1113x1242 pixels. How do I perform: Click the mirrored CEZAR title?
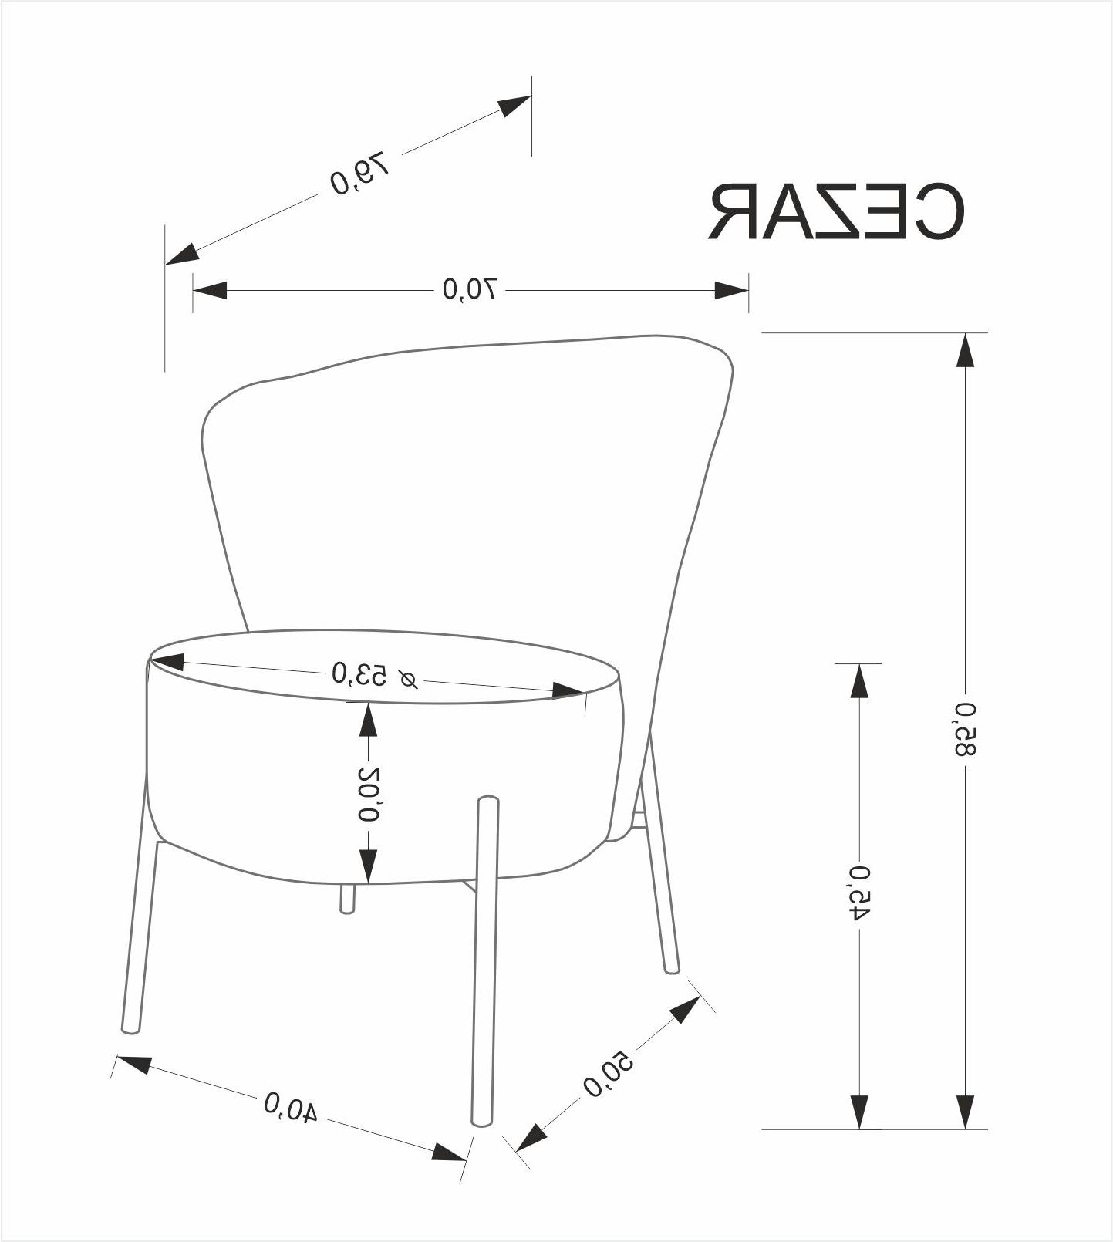coord(836,212)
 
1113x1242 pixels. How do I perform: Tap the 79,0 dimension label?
coord(359,174)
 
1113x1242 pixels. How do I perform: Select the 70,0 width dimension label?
coord(470,289)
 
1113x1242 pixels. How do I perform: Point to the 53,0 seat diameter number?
coord(359,673)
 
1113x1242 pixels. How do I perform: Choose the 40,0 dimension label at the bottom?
coord(291,1107)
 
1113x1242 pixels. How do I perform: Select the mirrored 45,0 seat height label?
coord(860,893)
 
